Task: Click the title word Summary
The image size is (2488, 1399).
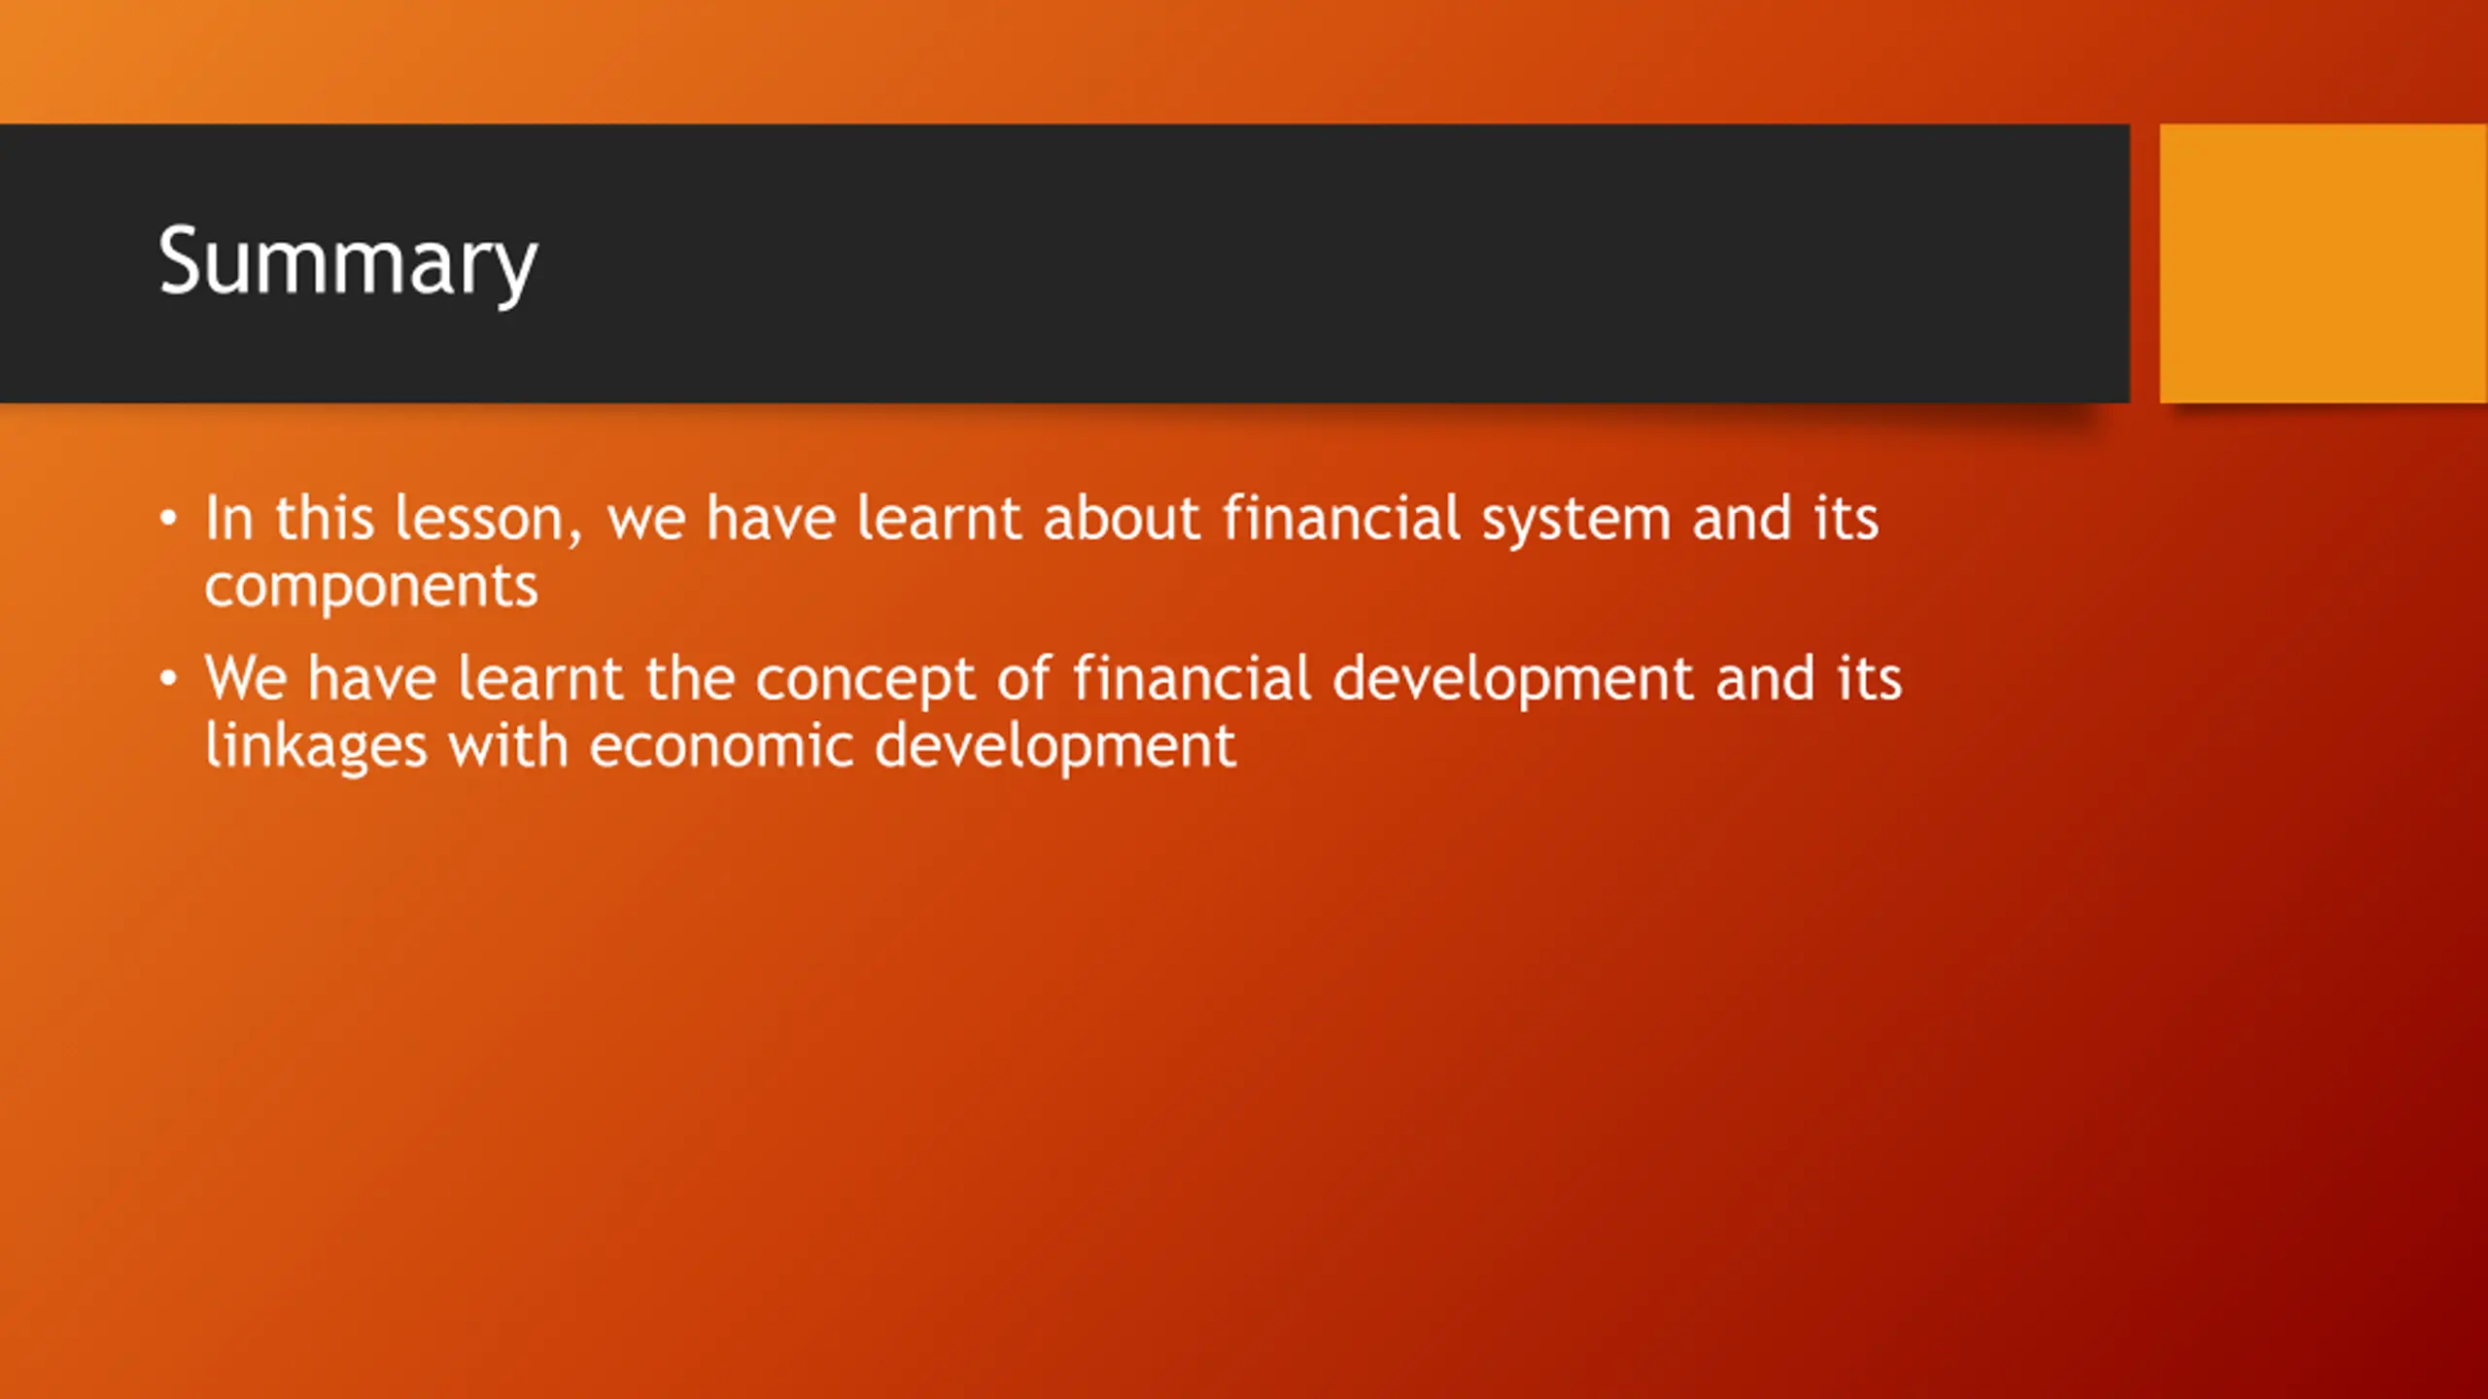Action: [x=347, y=262]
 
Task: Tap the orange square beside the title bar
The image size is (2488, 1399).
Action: [x=2324, y=263]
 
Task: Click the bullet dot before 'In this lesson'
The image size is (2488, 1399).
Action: [x=169, y=518]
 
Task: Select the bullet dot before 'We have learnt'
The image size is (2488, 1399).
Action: [x=169, y=678]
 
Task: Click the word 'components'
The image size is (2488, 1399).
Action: [x=371, y=587]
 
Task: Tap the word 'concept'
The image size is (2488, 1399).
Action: [x=865, y=680]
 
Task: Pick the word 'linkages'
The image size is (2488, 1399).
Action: [x=316, y=746]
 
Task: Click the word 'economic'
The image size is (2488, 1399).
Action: [x=721, y=745]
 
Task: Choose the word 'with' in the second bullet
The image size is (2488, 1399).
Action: [x=507, y=745]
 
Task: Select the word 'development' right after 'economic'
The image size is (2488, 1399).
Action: [x=1055, y=747]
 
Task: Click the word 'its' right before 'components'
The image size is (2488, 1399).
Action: [x=1846, y=518]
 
